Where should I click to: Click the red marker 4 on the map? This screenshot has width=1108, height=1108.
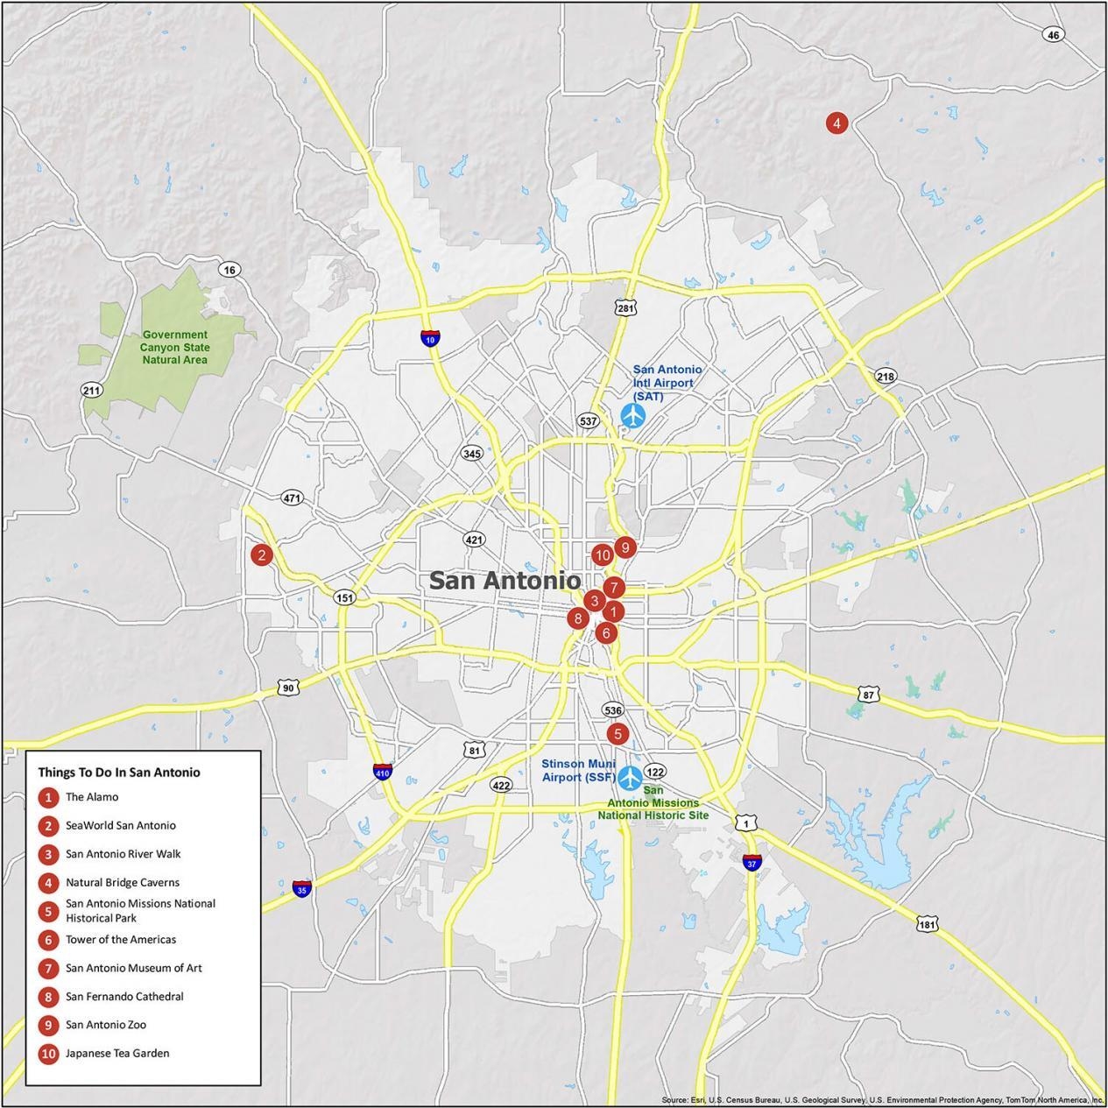(836, 124)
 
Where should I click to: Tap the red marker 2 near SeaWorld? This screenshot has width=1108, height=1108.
(261, 554)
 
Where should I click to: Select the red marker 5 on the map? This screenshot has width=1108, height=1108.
(618, 734)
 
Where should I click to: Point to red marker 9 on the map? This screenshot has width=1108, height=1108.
(624, 547)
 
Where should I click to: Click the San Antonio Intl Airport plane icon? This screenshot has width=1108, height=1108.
(632, 415)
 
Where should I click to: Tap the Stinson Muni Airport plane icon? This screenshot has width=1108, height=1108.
(630, 777)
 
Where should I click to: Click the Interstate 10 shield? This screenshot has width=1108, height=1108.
(429, 338)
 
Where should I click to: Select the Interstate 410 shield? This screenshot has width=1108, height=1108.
(382, 772)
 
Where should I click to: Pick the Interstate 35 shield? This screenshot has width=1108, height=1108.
(301, 888)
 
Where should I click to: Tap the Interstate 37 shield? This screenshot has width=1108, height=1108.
(752, 862)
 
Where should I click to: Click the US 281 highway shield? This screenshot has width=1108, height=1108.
(625, 308)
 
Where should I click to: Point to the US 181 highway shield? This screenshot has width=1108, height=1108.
(928, 924)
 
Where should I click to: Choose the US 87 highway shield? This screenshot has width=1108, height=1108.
(868, 695)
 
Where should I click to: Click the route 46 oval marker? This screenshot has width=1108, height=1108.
(1053, 35)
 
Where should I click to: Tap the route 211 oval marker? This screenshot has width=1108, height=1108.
(91, 390)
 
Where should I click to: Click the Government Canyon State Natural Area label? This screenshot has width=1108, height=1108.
(175, 347)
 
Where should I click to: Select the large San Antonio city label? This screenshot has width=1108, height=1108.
(505, 580)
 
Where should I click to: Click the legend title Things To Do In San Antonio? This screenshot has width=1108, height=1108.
(119, 773)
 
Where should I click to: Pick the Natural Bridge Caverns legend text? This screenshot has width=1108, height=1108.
(123, 882)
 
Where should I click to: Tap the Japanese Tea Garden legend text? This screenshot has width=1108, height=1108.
(117, 1053)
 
